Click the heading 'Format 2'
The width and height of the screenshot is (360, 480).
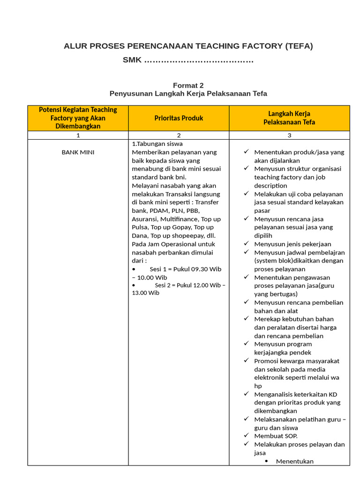click(x=188, y=85)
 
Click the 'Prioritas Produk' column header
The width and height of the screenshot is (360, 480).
click(x=179, y=118)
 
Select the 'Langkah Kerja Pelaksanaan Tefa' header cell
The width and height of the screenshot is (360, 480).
click(x=289, y=118)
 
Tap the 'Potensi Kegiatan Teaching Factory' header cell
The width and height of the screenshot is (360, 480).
click(x=78, y=118)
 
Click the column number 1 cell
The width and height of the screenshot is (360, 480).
click(x=78, y=135)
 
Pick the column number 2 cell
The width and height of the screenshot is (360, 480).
click(x=179, y=135)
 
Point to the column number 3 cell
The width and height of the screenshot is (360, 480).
click(x=289, y=135)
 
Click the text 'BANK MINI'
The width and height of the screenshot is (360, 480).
click(x=78, y=152)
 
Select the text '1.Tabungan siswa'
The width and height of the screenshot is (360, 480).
click(x=157, y=144)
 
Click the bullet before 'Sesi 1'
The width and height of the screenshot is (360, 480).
click(x=134, y=269)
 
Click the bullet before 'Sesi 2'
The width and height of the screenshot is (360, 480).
click(x=134, y=285)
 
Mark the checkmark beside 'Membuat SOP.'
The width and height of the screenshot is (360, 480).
click(x=246, y=435)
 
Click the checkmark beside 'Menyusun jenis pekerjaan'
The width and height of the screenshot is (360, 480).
click(x=246, y=244)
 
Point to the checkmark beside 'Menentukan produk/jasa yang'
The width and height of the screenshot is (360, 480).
click(x=246, y=152)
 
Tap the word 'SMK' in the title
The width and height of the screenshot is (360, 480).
click(x=132, y=60)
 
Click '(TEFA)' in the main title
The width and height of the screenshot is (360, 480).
click(x=298, y=46)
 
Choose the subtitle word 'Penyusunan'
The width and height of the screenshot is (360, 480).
click(x=128, y=94)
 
